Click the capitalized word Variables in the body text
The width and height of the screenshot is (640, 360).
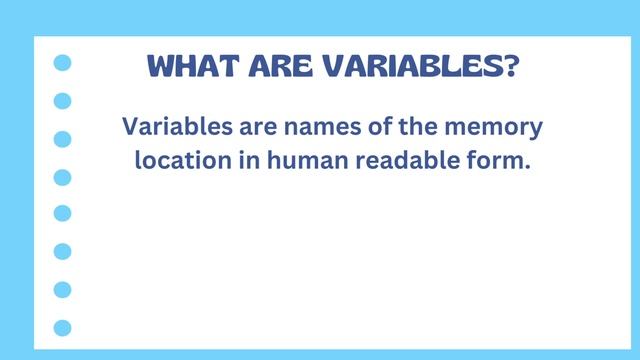click(173, 127)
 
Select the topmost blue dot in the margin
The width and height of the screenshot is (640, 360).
click(63, 63)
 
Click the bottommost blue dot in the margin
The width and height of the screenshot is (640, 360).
click(63, 327)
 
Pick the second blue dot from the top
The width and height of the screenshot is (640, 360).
click(63, 101)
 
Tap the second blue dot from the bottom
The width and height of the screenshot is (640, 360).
click(63, 289)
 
